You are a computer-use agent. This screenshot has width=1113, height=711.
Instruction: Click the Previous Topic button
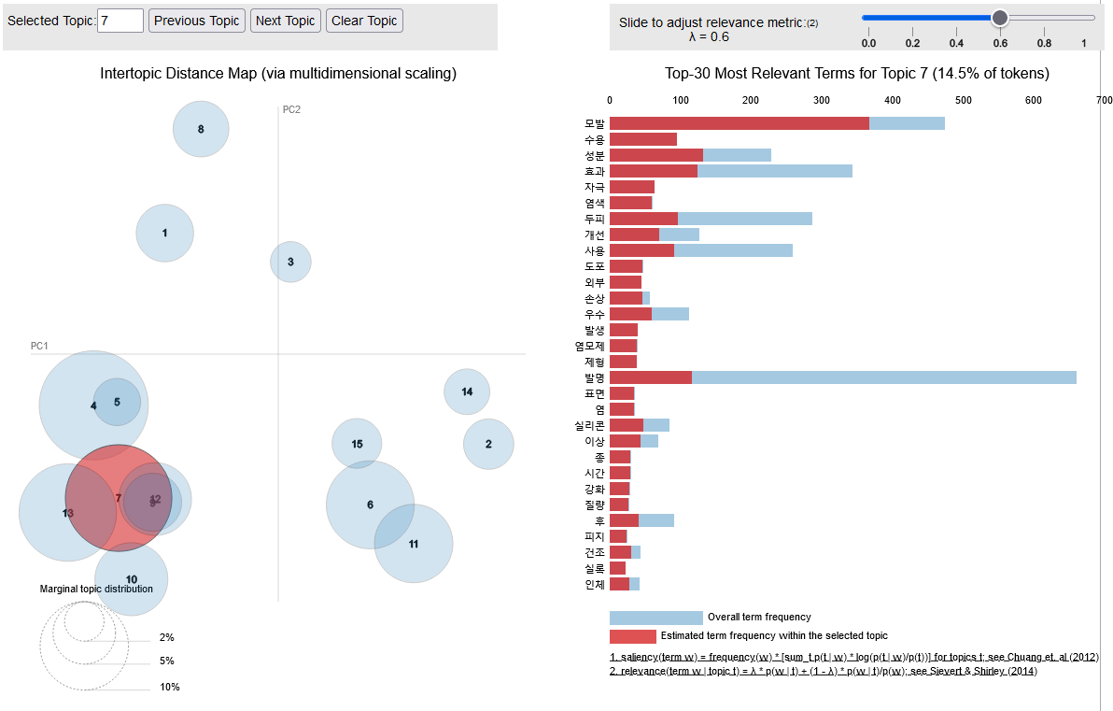197,21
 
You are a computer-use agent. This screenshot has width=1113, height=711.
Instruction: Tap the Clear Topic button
364,21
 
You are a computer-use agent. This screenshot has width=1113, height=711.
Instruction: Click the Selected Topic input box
120,21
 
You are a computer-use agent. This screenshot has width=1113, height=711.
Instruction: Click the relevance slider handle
999,17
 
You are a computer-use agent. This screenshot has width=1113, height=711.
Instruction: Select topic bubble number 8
201,129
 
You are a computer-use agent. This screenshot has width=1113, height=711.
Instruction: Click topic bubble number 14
467,391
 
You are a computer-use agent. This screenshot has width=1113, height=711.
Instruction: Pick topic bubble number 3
290,262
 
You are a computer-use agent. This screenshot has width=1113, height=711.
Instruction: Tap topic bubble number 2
488,444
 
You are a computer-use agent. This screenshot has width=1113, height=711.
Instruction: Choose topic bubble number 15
357,444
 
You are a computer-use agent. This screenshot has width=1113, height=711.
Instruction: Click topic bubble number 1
164,233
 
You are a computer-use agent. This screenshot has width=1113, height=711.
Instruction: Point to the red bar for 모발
740,123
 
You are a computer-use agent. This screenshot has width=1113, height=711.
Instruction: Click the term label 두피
595,219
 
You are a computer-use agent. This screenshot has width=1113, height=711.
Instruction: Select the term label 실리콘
590,425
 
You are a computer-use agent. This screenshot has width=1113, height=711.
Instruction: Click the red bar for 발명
651,377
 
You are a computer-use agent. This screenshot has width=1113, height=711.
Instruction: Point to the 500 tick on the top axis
964,100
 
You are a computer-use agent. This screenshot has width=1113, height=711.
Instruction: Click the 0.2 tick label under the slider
913,43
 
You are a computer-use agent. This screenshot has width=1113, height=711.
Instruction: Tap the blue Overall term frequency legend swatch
655,618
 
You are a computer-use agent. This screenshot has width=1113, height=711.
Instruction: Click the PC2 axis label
291,109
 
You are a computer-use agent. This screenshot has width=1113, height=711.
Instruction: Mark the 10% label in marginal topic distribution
170,687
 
